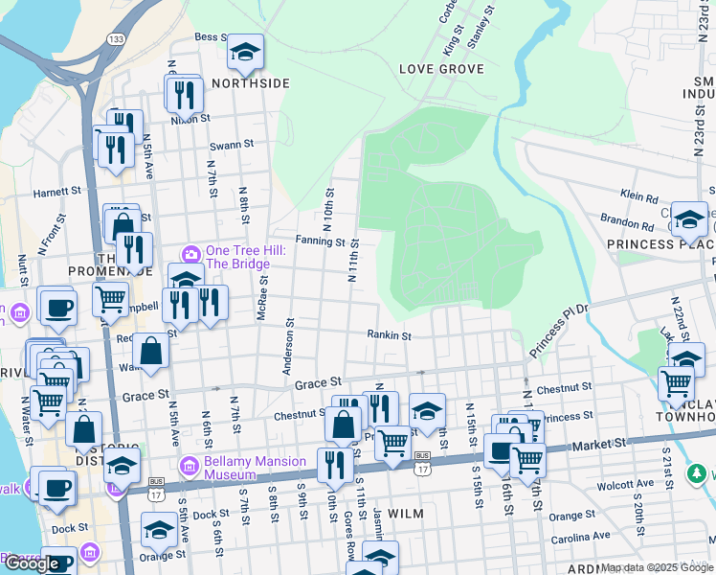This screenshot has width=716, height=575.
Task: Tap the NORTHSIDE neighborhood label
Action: tap(251, 83)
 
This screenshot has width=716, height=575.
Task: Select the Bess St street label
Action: tap(208, 37)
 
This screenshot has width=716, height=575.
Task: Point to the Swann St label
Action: tap(231, 146)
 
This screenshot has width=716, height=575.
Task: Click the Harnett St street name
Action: tap(57, 192)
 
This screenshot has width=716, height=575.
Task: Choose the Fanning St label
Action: tap(320, 241)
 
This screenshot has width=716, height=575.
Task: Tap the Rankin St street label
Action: tap(389, 335)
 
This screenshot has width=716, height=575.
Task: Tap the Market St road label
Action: tap(598, 445)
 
